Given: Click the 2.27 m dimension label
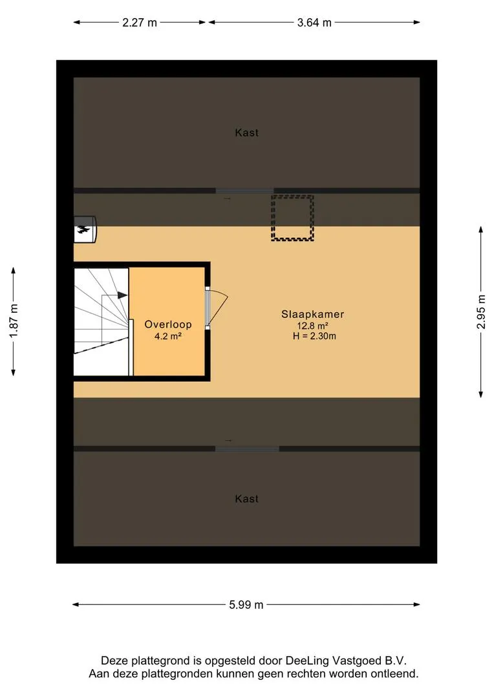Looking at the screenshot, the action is tap(140, 22).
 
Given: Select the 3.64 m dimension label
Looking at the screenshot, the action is tap(314, 22).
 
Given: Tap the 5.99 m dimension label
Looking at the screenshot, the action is tap(246, 604).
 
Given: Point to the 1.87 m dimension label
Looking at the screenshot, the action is tap(14, 321).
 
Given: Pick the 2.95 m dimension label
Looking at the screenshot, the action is tap(481, 312).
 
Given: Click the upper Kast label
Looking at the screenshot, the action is tap(247, 132).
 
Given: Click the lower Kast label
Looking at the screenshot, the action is tap(247, 498).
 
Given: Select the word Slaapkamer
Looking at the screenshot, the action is tap(313, 314).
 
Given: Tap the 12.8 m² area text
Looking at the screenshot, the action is tap(313, 326).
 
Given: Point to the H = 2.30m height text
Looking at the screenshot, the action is tap(314, 336).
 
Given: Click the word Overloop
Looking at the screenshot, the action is tap(168, 324).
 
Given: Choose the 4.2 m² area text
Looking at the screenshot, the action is tap(168, 336).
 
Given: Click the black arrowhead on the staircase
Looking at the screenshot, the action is tap(122, 295).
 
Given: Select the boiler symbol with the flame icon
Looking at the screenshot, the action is tap(85, 229).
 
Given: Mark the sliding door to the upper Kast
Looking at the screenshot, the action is tap(244, 191).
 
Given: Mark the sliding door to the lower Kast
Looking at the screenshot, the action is tap(247, 449).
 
